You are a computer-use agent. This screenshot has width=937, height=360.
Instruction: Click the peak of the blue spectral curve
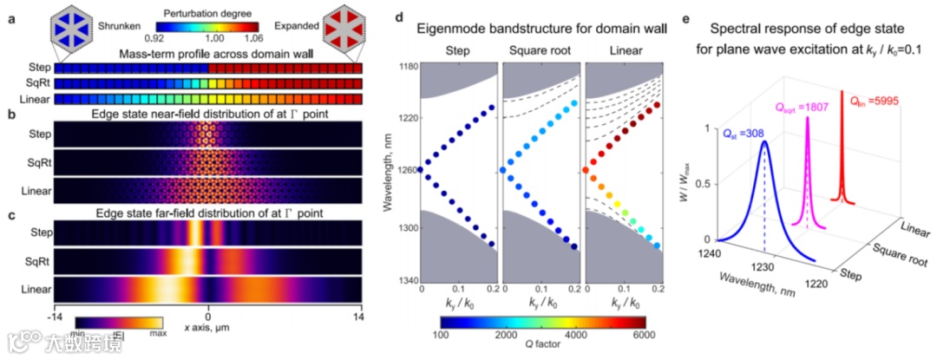tap(764, 141)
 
